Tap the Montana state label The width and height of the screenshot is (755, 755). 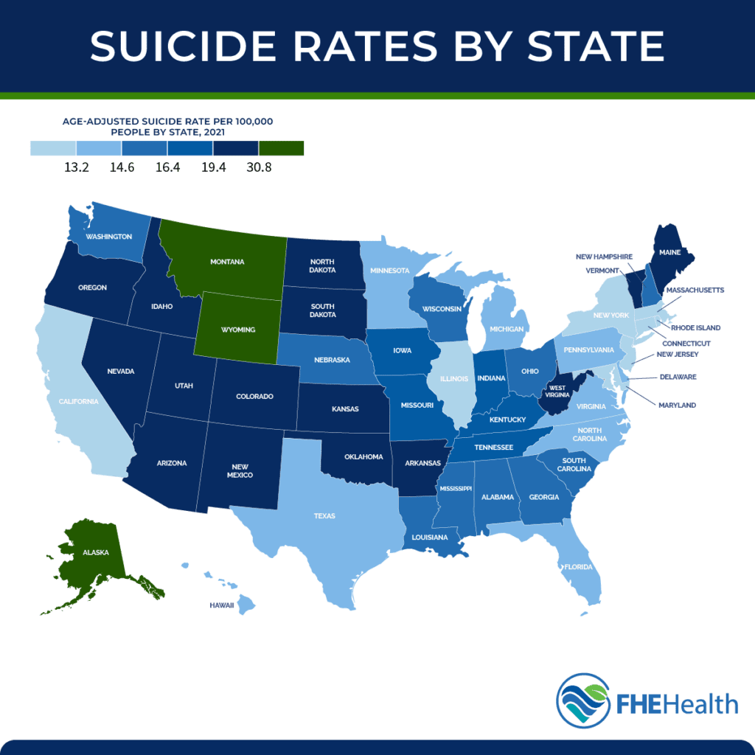coord(228,262)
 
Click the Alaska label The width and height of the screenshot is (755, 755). coord(92,551)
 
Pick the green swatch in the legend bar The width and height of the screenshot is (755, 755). coord(281,149)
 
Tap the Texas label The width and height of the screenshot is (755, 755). coord(324,516)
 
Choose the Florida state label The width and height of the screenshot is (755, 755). coord(578,568)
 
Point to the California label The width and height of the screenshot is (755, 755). coord(78,401)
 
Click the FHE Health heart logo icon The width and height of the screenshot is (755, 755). coord(582,701)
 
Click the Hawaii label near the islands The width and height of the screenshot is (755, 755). coord(222,605)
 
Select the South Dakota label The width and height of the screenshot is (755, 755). coord(322,310)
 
